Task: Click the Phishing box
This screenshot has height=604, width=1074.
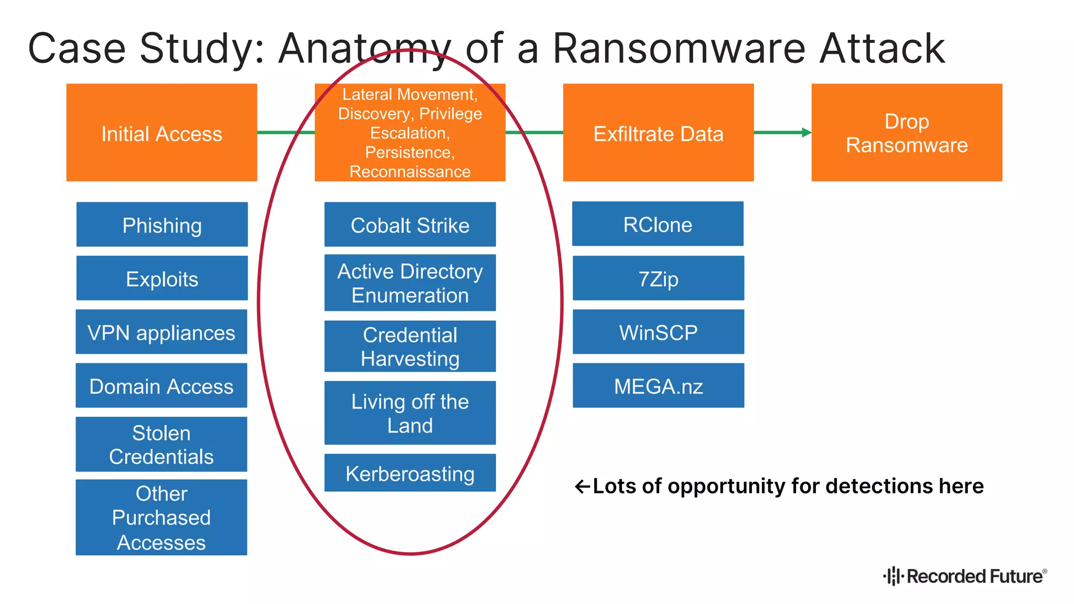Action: tap(162, 224)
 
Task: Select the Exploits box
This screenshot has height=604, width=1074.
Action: tap(162, 278)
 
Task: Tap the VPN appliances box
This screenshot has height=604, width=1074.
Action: tap(162, 332)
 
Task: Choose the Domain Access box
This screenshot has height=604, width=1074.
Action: tap(162, 385)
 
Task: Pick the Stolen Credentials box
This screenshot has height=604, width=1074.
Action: tap(162, 444)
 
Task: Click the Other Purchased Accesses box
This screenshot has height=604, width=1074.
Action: tap(162, 517)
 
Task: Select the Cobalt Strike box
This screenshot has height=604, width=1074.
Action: tap(410, 224)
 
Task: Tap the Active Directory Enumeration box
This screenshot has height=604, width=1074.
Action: tap(410, 283)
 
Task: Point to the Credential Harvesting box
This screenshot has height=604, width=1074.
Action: tap(410, 347)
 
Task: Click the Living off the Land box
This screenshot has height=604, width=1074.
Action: tap(410, 413)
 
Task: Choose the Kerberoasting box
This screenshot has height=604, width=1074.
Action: tap(410, 473)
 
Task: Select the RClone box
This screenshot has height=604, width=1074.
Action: tap(658, 224)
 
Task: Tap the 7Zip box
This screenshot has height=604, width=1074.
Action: tap(658, 278)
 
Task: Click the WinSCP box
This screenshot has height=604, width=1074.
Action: tap(658, 332)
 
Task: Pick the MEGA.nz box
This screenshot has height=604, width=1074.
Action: tap(658, 385)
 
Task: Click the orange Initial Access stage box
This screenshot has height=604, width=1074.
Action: tap(162, 133)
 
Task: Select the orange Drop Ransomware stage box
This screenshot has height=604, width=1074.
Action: tap(907, 133)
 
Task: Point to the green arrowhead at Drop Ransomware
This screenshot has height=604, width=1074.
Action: tap(807, 133)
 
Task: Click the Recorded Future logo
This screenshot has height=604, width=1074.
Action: tap(965, 576)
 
